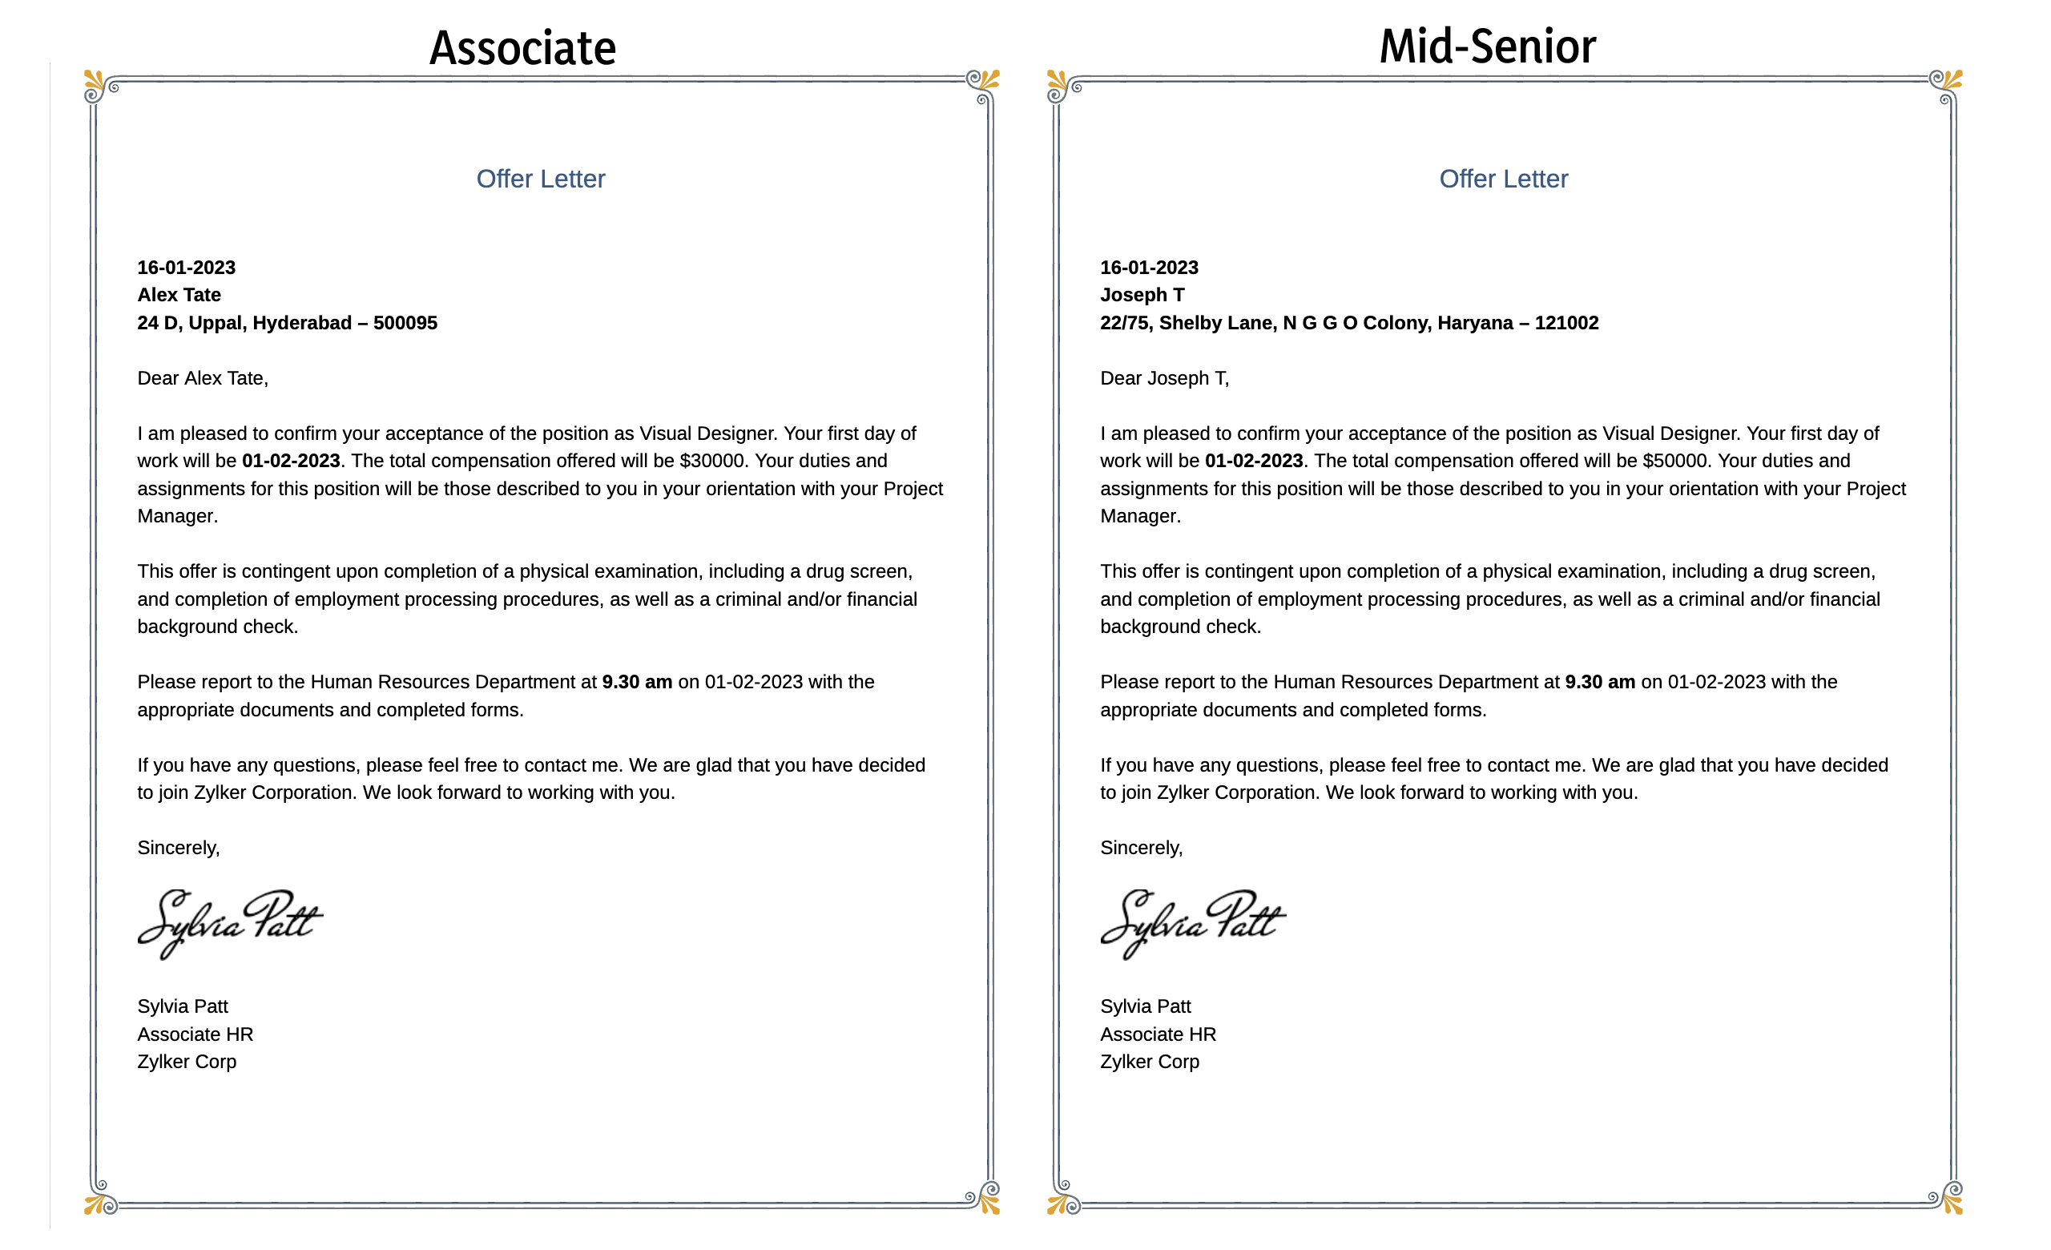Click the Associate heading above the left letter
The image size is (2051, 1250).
(x=522, y=48)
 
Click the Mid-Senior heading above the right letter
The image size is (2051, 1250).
(x=1488, y=46)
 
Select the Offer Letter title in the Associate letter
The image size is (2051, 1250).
(x=540, y=179)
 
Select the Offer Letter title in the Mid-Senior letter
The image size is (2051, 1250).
(x=1503, y=179)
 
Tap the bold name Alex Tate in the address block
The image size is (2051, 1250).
(x=179, y=295)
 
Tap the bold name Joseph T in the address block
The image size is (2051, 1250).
(x=1142, y=295)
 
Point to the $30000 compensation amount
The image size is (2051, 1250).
(x=711, y=461)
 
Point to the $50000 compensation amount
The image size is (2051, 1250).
(x=1674, y=461)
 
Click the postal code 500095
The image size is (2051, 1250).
(x=405, y=323)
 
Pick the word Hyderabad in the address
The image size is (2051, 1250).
(x=302, y=323)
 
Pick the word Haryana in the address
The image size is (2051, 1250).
(x=1474, y=323)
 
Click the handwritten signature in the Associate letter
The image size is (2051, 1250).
(x=230, y=924)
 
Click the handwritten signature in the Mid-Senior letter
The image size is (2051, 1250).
(x=1193, y=924)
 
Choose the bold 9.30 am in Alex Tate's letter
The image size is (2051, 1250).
(x=637, y=683)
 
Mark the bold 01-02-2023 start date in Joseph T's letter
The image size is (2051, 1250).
(x=1254, y=461)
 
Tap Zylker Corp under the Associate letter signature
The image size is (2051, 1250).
(x=187, y=1062)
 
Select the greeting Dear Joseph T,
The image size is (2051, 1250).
(x=1163, y=379)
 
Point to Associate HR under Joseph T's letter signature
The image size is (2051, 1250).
(x=1158, y=1034)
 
